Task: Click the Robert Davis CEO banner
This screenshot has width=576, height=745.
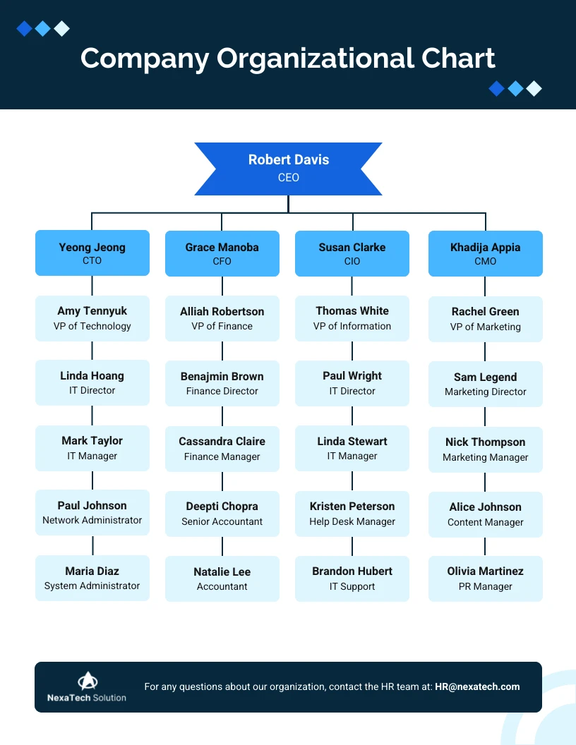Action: (x=288, y=169)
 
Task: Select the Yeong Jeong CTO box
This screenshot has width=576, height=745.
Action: (x=92, y=253)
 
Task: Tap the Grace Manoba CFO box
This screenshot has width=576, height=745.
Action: (x=222, y=254)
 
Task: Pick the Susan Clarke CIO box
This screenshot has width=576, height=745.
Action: (x=352, y=254)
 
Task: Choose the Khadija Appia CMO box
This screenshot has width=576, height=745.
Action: (x=485, y=254)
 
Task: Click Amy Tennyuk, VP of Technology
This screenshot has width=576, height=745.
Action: (x=92, y=318)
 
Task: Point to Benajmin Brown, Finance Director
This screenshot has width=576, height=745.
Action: (x=222, y=384)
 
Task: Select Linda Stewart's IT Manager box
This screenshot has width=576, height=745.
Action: (x=352, y=449)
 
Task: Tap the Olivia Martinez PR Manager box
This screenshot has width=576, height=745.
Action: (x=485, y=579)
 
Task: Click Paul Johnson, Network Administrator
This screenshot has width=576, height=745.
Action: (x=92, y=513)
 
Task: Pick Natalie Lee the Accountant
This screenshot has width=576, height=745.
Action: (x=222, y=579)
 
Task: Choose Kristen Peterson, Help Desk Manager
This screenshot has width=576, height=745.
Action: (x=352, y=514)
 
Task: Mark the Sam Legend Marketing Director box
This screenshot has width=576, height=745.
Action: (x=485, y=384)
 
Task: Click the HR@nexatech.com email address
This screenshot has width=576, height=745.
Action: (x=477, y=686)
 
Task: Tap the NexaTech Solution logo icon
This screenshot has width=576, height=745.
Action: (x=87, y=681)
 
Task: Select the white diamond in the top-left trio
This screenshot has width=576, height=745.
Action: (x=62, y=28)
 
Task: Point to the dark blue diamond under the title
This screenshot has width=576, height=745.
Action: (x=497, y=88)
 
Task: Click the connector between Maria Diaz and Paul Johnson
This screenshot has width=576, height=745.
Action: (x=92, y=545)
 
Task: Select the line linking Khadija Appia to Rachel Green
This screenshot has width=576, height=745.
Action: (x=485, y=286)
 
